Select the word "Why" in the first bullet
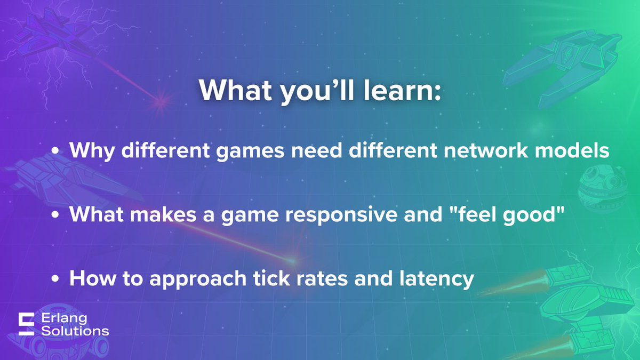click(89, 151)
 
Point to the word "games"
click(246, 151)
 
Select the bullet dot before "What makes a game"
click(55, 215)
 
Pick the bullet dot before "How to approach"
click(55, 279)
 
